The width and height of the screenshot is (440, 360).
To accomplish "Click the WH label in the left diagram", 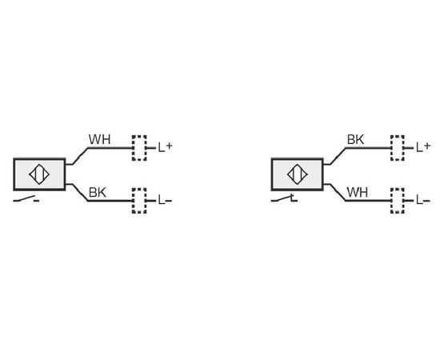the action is pyautogui.click(x=100, y=140).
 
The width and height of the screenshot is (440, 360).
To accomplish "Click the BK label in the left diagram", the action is pyautogui.click(x=98, y=193).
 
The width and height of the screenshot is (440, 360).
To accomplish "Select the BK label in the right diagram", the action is pyautogui.click(x=355, y=140).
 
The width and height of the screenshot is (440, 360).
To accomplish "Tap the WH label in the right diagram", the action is pyautogui.click(x=358, y=193).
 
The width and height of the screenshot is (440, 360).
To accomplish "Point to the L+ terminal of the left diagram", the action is pyautogui.click(x=165, y=147).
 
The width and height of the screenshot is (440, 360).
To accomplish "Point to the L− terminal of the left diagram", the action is pyautogui.click(x=165, y=200).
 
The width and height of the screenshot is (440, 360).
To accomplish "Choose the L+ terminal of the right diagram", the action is pyautogui.click(x=423, y=147).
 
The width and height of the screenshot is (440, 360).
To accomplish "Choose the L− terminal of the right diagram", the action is pyautogui.click(x=423, y=200).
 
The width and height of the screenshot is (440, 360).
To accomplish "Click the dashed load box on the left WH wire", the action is pyautogui.click(x=139, y=148).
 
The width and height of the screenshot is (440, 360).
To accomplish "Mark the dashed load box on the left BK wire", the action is pyautogui.click(x=139, y=201).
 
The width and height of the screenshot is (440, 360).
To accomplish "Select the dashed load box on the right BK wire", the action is pyautogui.click(x=398, y=148).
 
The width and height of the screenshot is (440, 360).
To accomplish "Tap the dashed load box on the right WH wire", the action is pyautogui.click(x=398, y=201).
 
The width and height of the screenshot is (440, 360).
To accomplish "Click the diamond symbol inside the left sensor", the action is pyautogui.click(x=39, y=174).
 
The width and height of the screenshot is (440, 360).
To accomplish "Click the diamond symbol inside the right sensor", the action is pyautogui.click(x=298, y=174).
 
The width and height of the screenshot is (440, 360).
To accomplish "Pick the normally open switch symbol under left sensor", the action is pyautogui.click(x=26, y=199).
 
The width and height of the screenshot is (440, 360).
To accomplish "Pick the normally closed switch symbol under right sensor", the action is pyautogui.click(x=284, y=198).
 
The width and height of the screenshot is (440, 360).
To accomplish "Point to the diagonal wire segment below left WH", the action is pyautogui.click(x=80, y=156).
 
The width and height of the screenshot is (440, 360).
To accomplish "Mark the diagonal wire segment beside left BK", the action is pyautogui.click(x=80, y=193).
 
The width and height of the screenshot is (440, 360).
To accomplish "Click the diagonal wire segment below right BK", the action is pyautogui.click(x=338, y=156).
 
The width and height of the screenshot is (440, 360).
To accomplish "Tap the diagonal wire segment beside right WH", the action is pyautogui.click(x=338, y=193).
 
